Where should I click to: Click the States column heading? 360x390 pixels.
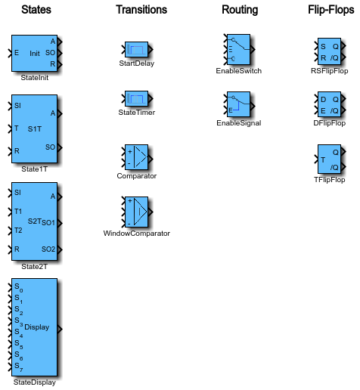click(x=36, y=10)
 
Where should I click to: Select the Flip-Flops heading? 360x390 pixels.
click(x=331, y=10)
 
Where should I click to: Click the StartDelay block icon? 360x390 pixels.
click(x=136, y=49)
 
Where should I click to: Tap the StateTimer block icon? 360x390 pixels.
click(x=136, y=98)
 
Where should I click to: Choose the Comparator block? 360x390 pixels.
click(x=136, y=157)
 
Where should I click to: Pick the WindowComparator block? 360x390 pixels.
click(x=136, y=212)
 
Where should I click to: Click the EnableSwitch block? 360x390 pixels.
click(x=238, y=49)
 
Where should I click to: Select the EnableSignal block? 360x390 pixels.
click(x=238, y=104)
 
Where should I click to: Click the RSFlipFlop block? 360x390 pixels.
click(x=329, y=51)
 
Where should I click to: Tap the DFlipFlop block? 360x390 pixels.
click(x=329, y=104)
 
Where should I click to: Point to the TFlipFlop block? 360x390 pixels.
click(x=329, y=159)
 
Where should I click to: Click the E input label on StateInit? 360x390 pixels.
click(x=17, y=53)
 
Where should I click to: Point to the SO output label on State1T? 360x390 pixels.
click(x=50, y=147)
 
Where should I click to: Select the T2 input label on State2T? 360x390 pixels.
click(x=18, y=231)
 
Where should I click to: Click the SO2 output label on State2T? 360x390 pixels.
click(x=48, y=249)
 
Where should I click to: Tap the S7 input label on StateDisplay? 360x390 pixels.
click(x=19, y=367)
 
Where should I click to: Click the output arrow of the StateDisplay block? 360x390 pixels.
click(x=60, y=329)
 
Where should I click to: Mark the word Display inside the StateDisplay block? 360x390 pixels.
click(x=37, y=327)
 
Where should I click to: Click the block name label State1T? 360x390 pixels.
click(x=35, y=169)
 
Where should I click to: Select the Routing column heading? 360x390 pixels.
click(x=240, y=10)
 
